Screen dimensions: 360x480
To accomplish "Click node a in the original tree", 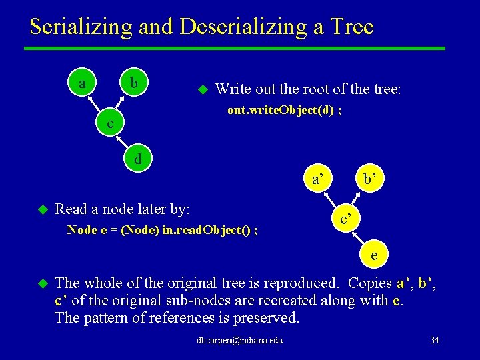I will (x=82, y=84).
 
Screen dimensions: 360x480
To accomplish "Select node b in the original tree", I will (x=134, y=84).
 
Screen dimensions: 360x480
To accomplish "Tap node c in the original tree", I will (x=109, y=123).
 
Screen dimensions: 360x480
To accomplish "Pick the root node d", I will (x=138, y=159).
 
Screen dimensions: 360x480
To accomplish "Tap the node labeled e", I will (x=375, y=255).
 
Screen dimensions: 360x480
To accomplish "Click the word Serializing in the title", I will (x=81, y=27).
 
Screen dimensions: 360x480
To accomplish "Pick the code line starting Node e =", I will (x=163, y=231).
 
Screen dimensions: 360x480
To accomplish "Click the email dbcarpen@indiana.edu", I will (x=240, y=341).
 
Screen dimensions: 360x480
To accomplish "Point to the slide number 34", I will (x=434, y=341).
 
